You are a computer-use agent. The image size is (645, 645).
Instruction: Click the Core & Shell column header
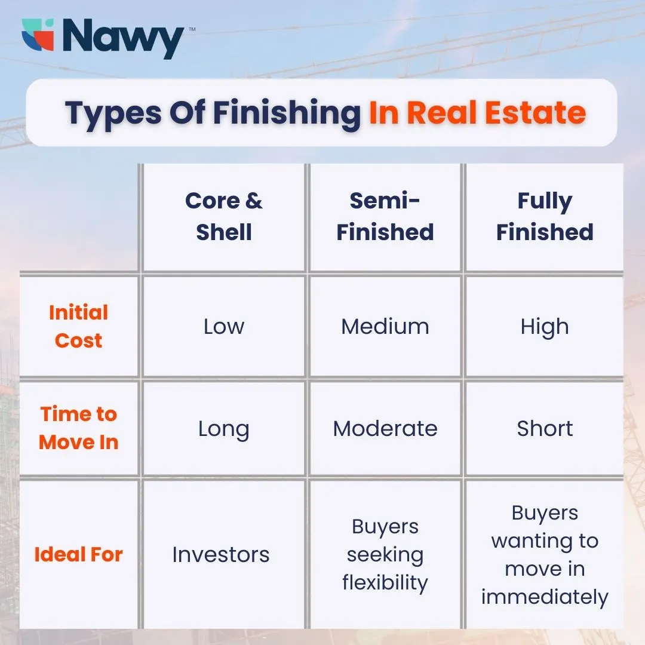tap(224, 216)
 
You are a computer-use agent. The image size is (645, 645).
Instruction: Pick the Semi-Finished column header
tap(385, 216)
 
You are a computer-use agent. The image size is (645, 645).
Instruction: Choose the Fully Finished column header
tap(545, 216)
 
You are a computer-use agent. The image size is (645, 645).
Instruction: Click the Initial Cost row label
tap(78, 326)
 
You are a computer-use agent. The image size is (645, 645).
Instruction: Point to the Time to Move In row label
tap(78, 428)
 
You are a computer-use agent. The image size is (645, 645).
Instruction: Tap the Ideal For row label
tap(78, 554)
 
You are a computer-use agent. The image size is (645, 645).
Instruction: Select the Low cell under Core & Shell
tap(224, 327)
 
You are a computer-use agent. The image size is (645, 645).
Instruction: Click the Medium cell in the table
tap(385, 327)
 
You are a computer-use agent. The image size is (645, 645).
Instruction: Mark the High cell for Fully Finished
tap(545, 327)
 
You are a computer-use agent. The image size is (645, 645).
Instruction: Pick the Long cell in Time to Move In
tap(224, 429)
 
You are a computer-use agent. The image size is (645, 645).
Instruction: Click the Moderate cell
tap(385, 429)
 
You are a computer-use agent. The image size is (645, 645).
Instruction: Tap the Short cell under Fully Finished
tap(545, 429)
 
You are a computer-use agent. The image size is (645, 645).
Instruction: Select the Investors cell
tap(221, 555)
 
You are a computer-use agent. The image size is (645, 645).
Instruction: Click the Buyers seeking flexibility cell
tap(385, 554)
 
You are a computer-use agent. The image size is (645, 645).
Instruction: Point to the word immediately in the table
tap(545, 597)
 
